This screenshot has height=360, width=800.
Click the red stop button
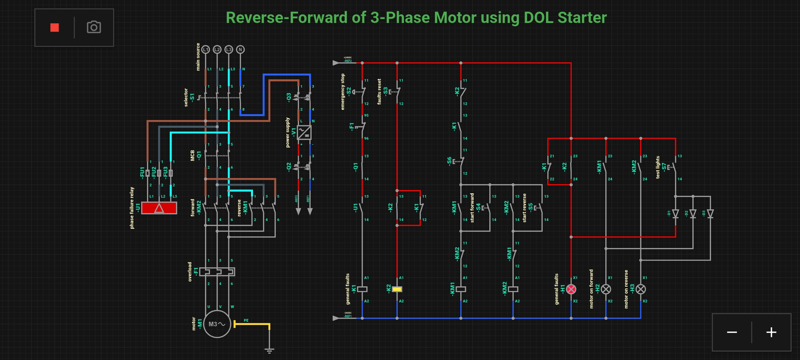[55, 27]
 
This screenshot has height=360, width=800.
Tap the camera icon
[94, 27]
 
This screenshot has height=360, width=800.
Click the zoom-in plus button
[771, 332]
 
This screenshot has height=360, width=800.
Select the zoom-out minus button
[732, 332]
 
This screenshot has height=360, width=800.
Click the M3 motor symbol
[217, 324]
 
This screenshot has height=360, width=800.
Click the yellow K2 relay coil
[397, 289]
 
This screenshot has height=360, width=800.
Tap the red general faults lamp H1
[571, 289]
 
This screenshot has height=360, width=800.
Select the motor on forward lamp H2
[606, 289]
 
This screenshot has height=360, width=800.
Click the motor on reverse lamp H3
[641, 289]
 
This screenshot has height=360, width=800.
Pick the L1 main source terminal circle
[206, 50]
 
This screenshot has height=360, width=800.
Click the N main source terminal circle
[240, 50]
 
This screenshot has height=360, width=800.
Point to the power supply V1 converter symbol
[304, 132]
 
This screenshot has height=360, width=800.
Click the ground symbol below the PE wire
[269, 350]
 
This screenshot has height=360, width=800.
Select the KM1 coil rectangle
[461, 289]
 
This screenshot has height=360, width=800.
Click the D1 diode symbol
[676, 213]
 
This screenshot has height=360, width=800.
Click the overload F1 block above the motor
[217, 272]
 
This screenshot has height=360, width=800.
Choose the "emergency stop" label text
[343, 92]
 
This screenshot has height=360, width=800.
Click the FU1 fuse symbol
[148, 173]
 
